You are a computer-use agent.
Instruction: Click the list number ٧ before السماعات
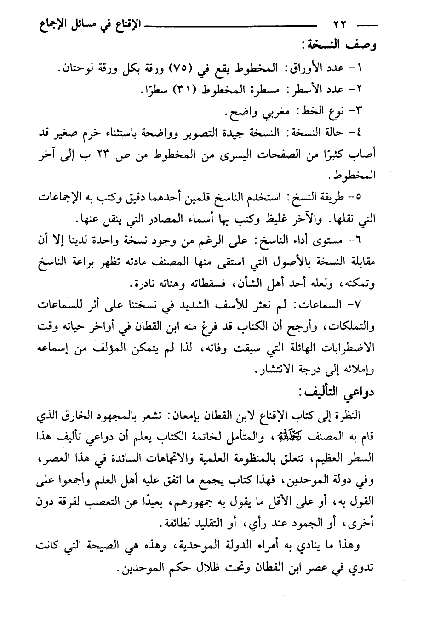(x=368, y=304)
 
